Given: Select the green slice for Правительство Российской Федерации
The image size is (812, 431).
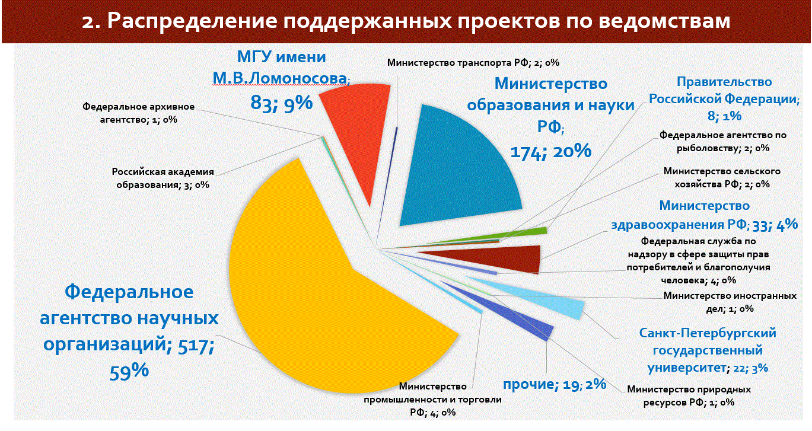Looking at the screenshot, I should [x=522, y=233].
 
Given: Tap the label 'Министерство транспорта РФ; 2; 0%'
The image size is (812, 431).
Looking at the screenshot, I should [x=473, y=62].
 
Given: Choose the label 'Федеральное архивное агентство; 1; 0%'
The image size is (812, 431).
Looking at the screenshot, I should [x=139, y=113].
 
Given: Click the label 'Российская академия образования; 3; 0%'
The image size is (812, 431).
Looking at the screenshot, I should [x=163, y=178].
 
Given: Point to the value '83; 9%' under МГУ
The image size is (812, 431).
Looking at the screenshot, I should [x=281, y=103].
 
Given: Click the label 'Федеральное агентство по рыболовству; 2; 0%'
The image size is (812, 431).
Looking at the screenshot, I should [x=715, y=141].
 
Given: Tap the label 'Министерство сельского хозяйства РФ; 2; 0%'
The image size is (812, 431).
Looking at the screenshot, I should [x=721, y=177].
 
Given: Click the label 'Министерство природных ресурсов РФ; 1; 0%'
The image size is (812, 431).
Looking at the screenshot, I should [x=689, y=395].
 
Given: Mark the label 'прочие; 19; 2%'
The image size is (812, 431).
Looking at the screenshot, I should [x=554, y=384].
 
